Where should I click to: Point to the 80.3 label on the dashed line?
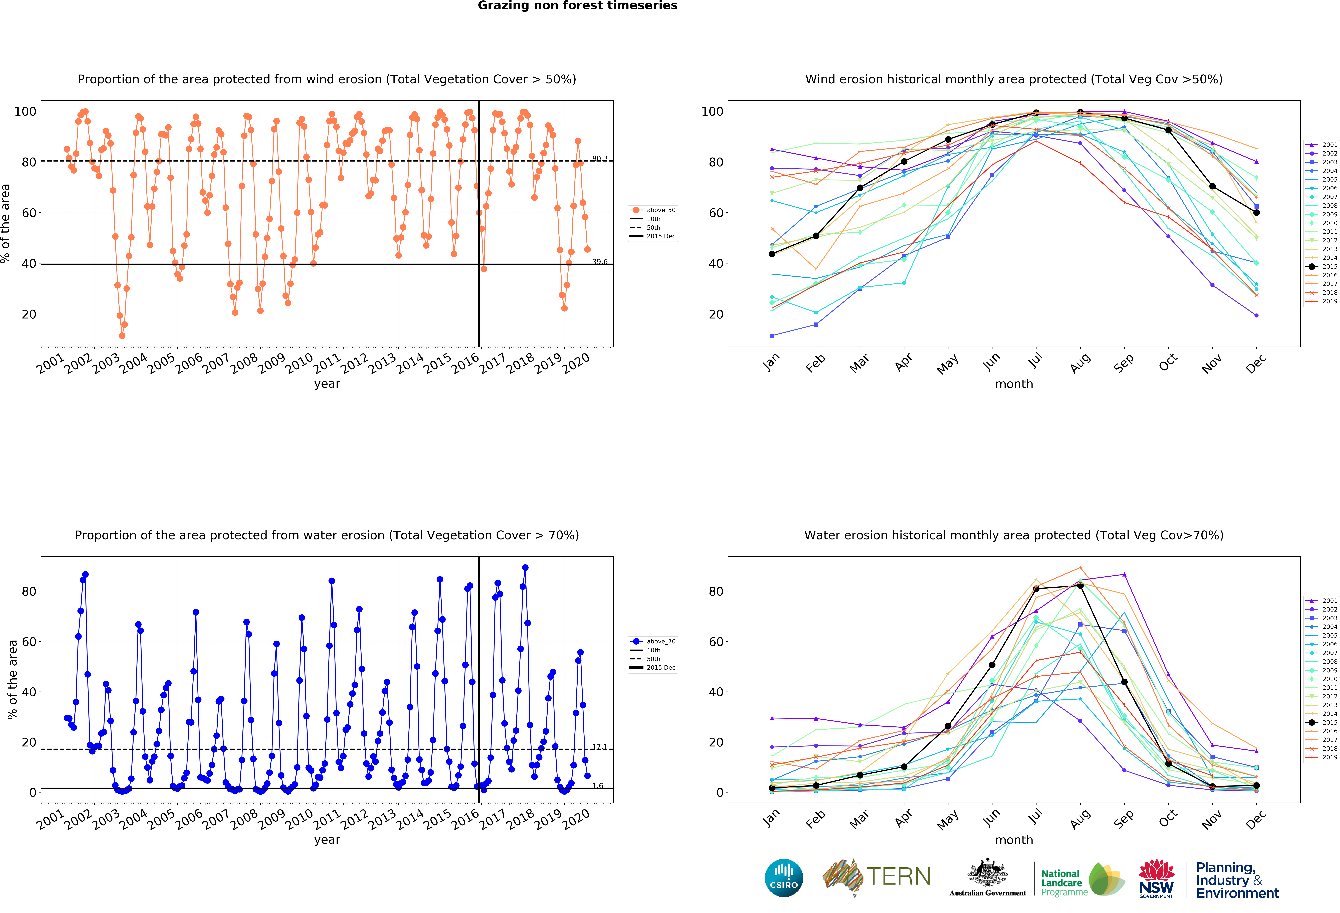600,159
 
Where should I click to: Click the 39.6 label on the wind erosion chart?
600,262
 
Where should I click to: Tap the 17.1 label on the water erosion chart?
600,746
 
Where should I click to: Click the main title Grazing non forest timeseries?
577,6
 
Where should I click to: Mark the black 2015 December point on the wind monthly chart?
1256,213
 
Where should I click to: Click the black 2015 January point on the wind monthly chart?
772,254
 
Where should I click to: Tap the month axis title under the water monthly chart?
1014,840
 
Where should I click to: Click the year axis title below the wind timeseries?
327,384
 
